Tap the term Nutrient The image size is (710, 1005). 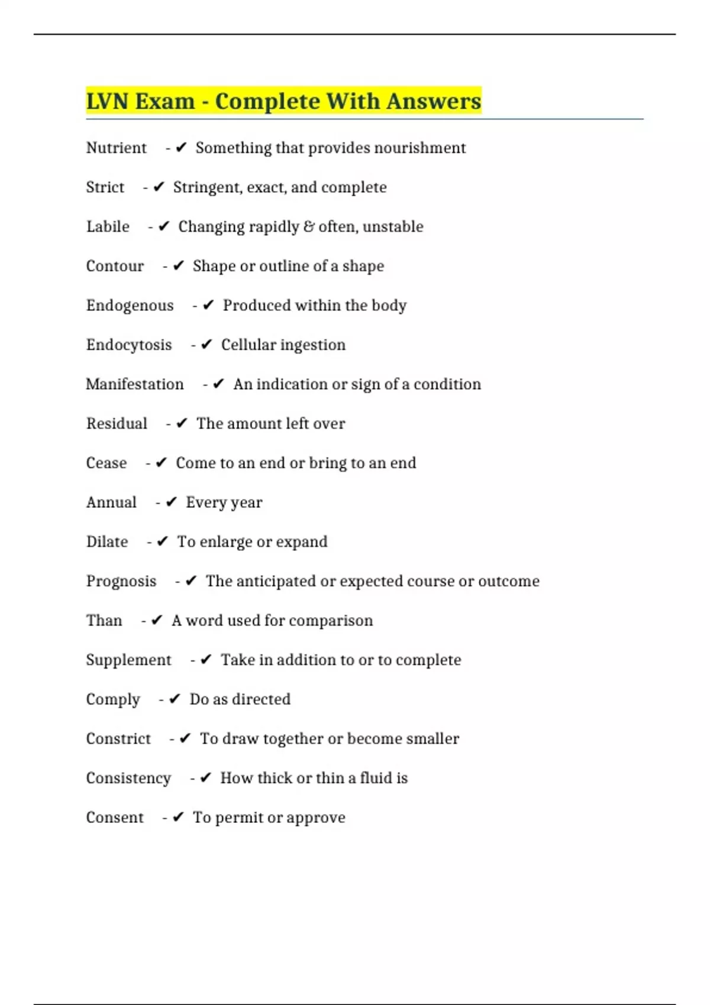(116, 148)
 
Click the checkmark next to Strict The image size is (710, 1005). (159, 187)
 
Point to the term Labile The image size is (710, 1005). (108, 227)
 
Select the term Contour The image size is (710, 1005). (115, 266)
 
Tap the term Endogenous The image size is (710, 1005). (130, 306)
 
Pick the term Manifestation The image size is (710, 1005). (135, 384)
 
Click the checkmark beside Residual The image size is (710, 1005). (182, 423)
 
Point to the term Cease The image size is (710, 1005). (106, 463)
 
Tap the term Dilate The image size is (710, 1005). (107, 542)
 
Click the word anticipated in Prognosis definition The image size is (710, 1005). (276, 581)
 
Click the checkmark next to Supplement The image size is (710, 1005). (206, 660)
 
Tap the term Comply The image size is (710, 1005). (113, 699)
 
